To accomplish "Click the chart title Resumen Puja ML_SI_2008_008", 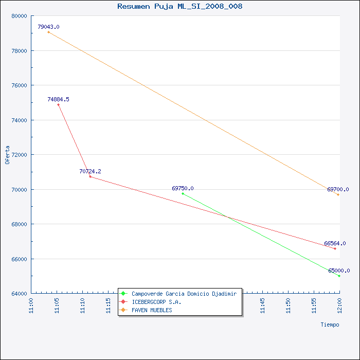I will pyautogui.click(x=180, y=6).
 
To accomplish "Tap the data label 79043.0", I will pyautogui.click(x=48, y=27).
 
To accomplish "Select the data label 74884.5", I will pyautogui.click(x=58, y=99).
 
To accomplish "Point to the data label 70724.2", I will pyautogui.click(x=90, y=171).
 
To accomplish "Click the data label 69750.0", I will pyautogui.click(x=183, y=188).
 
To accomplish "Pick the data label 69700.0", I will pyautogui.click(x=338, y=189).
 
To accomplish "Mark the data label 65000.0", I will pyautogui.click(x=339, y=271).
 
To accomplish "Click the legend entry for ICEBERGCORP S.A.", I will pyautogui.click(x=156, y=302).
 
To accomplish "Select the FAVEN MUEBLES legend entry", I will pyautogui.click(x=152, y=310).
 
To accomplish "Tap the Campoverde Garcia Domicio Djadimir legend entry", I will pyautogui.click(x=184, y=294).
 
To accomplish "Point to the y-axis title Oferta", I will pyautogui.click(x=7, y=155).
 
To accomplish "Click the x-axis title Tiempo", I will pyautogui.click(x=330, y=325).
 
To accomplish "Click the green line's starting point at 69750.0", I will pyautogui.click(x=183, y=193).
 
